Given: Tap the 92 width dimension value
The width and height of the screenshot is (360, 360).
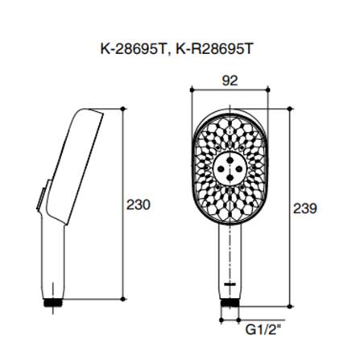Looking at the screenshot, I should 230,81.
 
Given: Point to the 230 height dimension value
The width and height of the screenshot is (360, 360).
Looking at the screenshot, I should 139,205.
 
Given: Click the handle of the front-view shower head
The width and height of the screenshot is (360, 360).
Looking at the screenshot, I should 230,258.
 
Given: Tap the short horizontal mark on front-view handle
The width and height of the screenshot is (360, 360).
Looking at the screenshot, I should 230,284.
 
